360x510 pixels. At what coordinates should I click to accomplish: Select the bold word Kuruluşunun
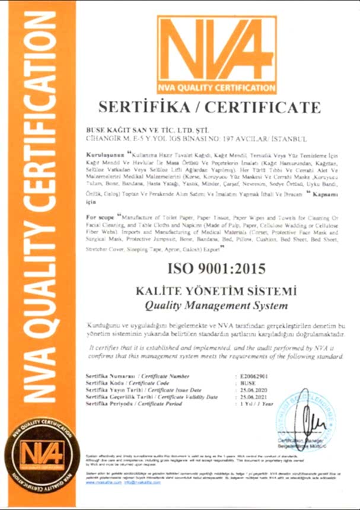tap(106, 152)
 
